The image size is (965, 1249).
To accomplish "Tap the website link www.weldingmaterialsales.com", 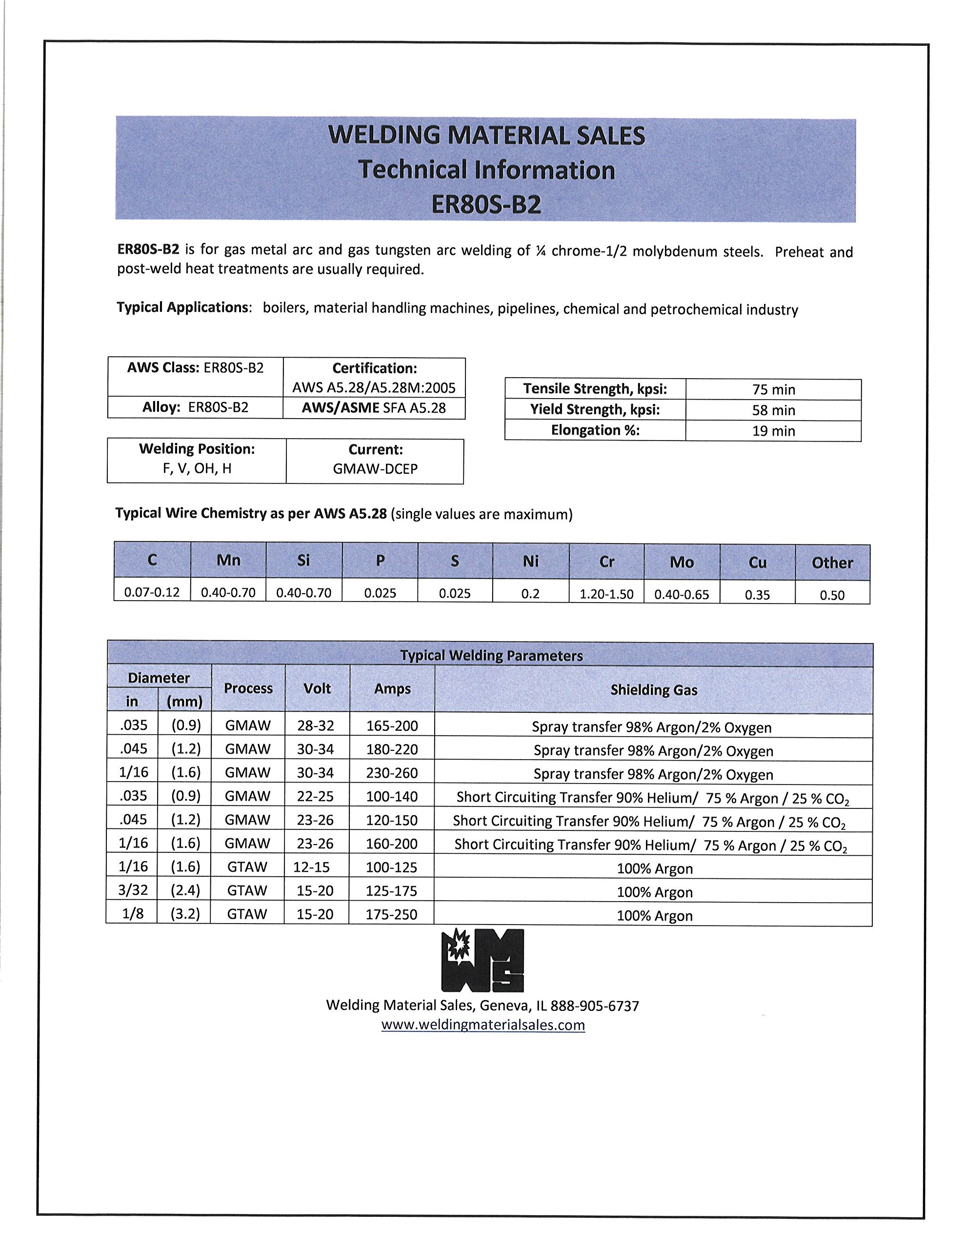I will (483, 1025).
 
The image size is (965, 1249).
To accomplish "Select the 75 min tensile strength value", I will (773, 389).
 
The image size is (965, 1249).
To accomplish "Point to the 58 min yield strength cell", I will (773, 410).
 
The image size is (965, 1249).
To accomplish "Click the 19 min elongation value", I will (773, 431).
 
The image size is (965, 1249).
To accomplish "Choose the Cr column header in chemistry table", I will (606, 562).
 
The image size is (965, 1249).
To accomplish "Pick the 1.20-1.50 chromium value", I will (606, 594).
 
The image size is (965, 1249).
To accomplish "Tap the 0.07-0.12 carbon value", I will (152, 592).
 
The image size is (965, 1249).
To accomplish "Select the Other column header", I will (832, 563).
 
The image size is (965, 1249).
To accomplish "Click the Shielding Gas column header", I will (653, 690).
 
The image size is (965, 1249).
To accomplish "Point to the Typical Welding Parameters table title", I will (491, 655).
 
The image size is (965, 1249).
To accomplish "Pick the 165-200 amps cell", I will (392, 725).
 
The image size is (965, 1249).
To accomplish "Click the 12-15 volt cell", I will (311, 867).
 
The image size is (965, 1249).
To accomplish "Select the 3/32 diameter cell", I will (133, 890).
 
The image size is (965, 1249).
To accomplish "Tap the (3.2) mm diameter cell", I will (185, 913).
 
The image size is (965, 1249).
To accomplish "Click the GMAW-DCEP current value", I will (375, 469).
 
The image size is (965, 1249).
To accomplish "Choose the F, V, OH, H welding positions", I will (197, 468).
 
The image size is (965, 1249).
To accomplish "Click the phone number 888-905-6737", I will (594, 1006).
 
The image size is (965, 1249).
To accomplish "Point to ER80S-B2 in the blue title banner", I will (485, 204).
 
